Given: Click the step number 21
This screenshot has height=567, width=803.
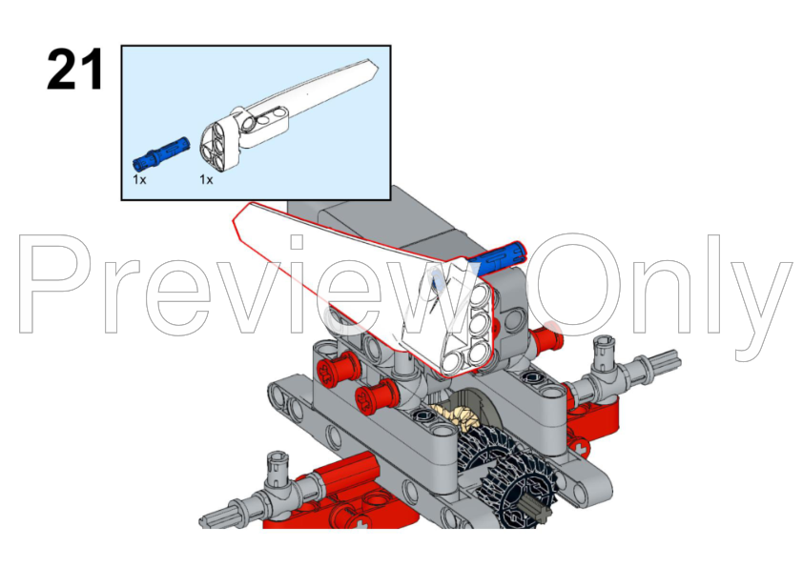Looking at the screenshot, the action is [x=74, y=71].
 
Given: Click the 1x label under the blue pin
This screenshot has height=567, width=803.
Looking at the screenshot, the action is [x=139, y=179].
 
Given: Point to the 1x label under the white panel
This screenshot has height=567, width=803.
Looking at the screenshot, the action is [x=206, y=179].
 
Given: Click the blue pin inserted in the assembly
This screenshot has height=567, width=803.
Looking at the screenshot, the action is [x=497, y=257].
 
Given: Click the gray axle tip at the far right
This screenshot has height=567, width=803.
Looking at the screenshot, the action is [x=666, y=361].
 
